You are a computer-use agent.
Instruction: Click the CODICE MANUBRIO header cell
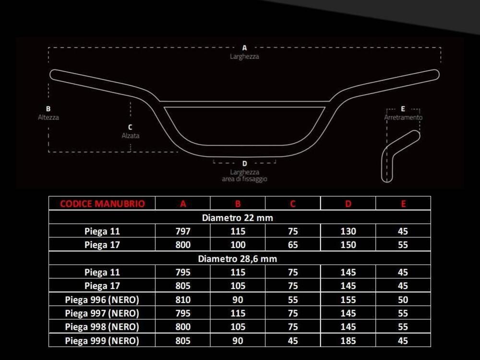[102, 204]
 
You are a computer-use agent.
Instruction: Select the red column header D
[348, 204]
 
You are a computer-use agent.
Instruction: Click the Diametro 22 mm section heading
[237, 217]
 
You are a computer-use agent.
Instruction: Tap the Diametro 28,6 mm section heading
[237, 259]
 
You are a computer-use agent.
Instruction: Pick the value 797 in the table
[183, 231]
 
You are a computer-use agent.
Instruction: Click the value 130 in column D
[348, 231]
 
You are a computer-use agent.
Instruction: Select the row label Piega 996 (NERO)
[102, 300]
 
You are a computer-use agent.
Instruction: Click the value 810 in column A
[183, 300]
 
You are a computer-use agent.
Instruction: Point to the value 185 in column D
[348, 341]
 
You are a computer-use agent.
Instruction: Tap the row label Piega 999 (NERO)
[102, 341]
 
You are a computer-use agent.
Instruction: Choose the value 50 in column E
[403, 300]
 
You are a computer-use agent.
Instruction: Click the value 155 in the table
[348, 300]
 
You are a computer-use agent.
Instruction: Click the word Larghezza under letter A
[244, 56]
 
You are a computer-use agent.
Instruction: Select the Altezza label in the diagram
[48, 117]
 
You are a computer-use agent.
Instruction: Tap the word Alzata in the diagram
[131, 136]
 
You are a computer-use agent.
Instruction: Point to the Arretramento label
[403, 118]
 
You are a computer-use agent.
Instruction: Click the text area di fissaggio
[244, 179]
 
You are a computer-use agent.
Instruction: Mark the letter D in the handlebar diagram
[244, 163]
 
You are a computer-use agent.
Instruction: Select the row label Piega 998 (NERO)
[102, 327]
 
